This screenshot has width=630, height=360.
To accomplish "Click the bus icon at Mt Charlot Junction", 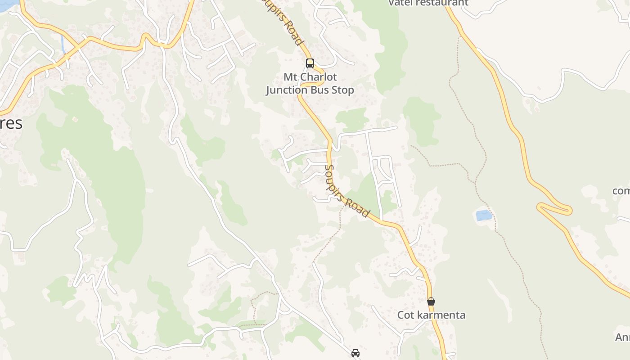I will (x=310, y=63).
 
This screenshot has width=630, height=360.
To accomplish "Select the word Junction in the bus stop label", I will (x=287, y=90).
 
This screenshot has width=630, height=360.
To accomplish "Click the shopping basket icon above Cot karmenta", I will (x=431, y=301).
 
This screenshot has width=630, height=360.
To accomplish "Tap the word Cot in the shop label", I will (x=406, y=315).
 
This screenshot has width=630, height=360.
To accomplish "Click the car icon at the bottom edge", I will (x=355, y=353).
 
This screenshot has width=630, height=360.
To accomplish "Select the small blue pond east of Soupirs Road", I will (x=484, y=215).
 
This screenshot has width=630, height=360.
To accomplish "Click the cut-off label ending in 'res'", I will (x=11, y=123).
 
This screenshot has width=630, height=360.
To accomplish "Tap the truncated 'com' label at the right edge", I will (x=621, y=191).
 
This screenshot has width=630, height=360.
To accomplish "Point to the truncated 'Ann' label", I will (x=623, y=337).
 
